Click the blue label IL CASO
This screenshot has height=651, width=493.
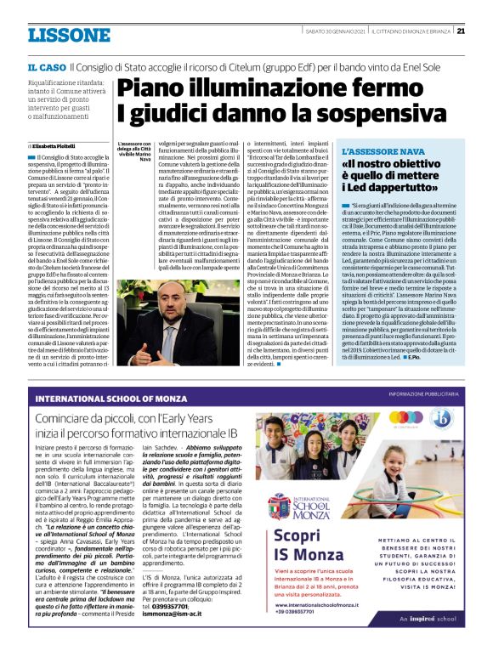coord(46,66)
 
